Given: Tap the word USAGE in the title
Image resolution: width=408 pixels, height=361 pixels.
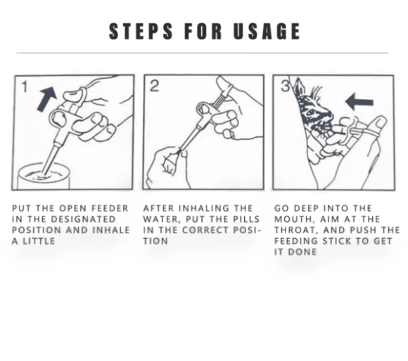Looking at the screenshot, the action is pyautogui.click(x=267, y=31).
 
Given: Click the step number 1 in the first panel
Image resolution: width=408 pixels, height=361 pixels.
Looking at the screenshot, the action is pyautogui.click(x=25, y=86).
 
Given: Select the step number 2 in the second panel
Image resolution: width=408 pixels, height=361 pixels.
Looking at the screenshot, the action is pyautogui.click(x=154, y=86).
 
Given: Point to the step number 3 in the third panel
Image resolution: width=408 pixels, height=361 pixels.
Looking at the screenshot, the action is pyautogui.click(x=286, y=86).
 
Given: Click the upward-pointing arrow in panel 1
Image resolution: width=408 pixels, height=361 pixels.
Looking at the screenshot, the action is pyautogui.click(x=47, y=99).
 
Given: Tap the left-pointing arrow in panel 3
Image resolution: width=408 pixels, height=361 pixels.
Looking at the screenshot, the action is pyautogui.click(x=359, y=102).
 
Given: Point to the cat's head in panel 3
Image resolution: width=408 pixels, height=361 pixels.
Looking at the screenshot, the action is pyautogui.click(x=314, y=109).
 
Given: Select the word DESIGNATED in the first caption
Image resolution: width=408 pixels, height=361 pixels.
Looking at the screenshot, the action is pyautogui.click(x=83, y=219).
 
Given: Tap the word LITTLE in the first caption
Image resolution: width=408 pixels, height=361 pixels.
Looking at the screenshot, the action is pyautogui.click(x=39, y=241).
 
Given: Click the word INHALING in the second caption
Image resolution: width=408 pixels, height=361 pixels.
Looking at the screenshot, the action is pyautogui.click(x=203, y=209).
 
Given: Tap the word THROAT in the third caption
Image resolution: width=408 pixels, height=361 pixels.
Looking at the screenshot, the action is pyautogui.click(x=296, y=230).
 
